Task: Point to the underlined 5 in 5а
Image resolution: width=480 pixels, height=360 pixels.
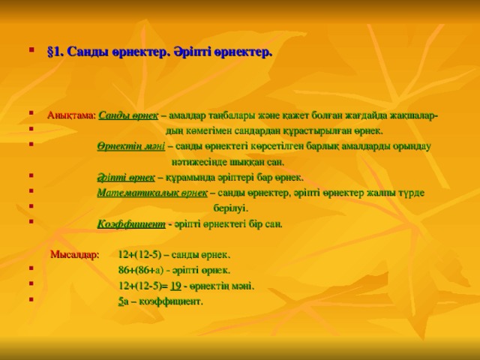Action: click(121, 301)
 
